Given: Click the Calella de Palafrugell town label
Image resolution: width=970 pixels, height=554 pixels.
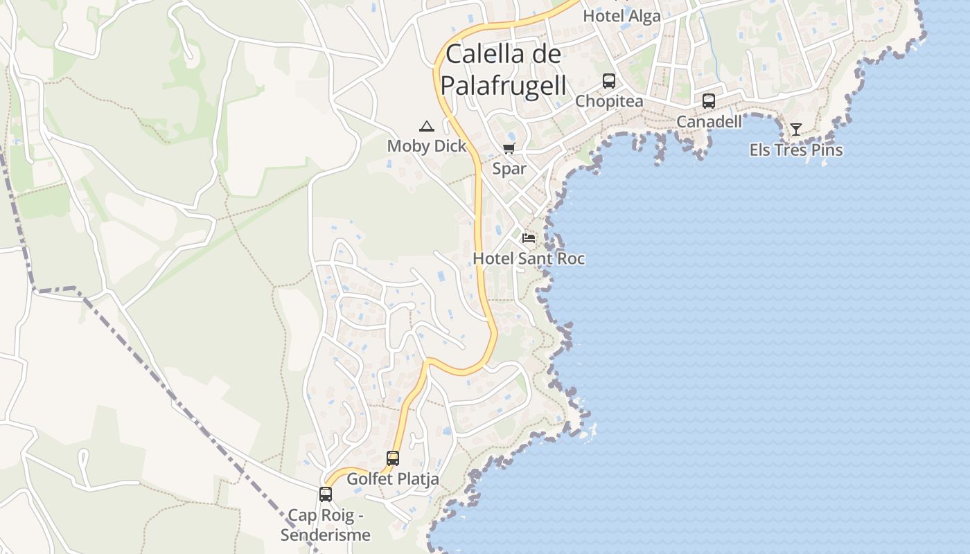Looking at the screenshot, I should pyautogui.click(x=504, y=69).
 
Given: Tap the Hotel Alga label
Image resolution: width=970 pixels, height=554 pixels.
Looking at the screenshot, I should pyautogui.click(x=621, y=15).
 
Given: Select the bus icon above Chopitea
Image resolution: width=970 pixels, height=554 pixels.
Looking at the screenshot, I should pyautogui.click(x=609, y=81).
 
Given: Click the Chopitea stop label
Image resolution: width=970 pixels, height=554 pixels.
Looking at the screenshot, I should pyautogui.click(x=609, y=101).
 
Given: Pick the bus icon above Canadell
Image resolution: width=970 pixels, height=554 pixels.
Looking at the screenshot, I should pyautogui.click(x=709, y=101).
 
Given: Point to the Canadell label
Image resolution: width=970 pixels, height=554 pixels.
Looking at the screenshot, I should pyautogui.click(x=709, y=122).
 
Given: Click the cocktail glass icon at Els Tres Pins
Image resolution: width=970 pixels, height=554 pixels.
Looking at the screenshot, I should pyautogui.click(x=796, y=129).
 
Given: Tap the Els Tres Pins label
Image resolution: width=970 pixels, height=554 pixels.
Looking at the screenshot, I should pyautogui.click(x=796, y=150).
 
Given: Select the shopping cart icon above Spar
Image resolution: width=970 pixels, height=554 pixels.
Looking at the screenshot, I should pyautogui.click(x=509, y=148).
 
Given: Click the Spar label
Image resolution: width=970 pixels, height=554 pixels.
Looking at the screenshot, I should pyautogui.click(x=509, y=168).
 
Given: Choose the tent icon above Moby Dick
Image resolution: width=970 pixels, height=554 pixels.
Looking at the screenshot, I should pyautogui.click(x=426, y=126).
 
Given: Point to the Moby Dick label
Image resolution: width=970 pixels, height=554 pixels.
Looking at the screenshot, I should pyautogui.click(x=426, y=146).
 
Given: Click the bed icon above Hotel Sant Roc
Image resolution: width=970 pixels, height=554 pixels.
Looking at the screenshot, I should pyautogui.click(x=529, y=238).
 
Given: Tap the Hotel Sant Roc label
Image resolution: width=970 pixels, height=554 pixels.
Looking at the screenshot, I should pyautogui.click(x=529, y=259).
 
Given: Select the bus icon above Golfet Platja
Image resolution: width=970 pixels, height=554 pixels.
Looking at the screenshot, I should pyautogui.click(x=393, y=458).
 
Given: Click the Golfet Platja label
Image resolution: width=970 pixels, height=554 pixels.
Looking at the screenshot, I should pyautogui.click(x=393, y=479).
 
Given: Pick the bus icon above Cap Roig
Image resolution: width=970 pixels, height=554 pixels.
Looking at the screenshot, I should pyautogui.click(x=326, y=494).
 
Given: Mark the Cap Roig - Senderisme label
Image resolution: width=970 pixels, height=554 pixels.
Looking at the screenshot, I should pyautogui.click(x=326, y=525).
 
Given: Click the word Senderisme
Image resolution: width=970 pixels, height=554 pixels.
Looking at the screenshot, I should pyautogui.click(x=326, y=535).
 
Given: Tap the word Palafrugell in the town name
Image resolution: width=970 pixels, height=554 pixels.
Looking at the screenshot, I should pyautogui.click(x=504, y=85).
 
